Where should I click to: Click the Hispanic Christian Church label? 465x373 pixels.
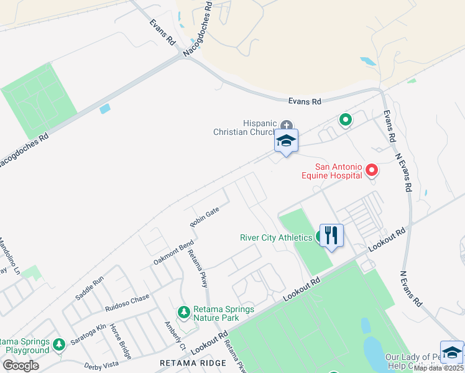point(244,127)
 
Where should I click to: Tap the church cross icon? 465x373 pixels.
point(286,125)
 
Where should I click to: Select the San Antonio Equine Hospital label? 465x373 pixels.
point(339,171)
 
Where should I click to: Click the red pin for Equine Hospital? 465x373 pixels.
point(372,169)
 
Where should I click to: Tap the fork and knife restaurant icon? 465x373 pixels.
point(331,235)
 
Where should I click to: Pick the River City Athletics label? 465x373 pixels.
point(276,237)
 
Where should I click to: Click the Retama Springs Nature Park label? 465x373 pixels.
point(215,313)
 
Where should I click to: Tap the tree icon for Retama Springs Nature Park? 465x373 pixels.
point(183,311)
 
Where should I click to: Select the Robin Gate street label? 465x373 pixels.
point(205,217)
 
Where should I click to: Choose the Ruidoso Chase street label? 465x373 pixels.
point(127,302)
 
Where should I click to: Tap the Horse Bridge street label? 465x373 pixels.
point(121,341)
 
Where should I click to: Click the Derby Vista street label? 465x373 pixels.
point(101,365)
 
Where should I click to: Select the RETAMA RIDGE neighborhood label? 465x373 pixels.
point(185,362)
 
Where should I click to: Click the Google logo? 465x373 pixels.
point(21,366)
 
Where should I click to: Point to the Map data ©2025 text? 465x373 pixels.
point(438,368)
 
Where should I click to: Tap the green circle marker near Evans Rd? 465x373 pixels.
point(345,119)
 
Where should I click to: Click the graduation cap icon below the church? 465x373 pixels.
point(286,141)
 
